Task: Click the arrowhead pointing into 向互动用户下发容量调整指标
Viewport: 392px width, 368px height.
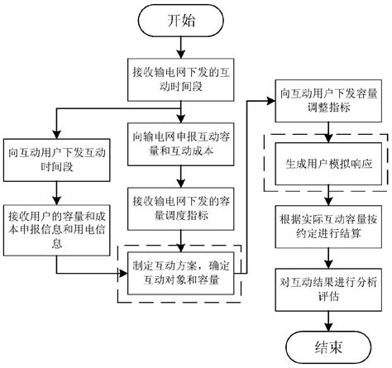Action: (x=272, y=100)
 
